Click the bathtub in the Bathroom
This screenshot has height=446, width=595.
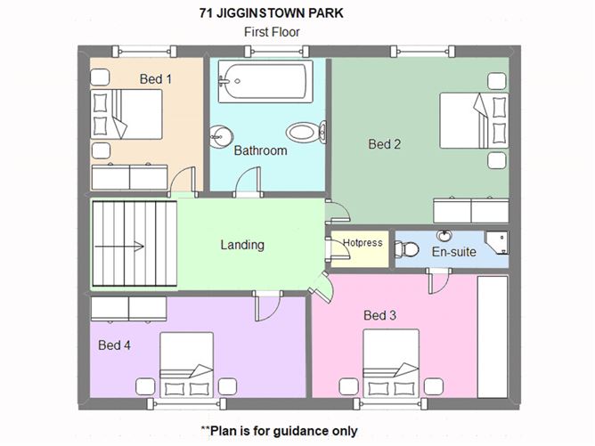[265, 81]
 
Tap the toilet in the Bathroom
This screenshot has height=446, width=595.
[306, 133]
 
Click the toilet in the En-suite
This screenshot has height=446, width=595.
[407, 249]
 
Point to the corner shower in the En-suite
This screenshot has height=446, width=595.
[497, 243]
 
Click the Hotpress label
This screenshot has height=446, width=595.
[363, 243]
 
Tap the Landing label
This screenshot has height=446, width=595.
[242, 245]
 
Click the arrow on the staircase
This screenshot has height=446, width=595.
[119, 247]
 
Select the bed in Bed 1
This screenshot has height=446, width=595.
[126, 114]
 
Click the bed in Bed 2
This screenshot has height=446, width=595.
[474, 120]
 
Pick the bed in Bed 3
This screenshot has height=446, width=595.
[391, 363]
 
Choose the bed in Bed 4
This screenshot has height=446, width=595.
[187, 365]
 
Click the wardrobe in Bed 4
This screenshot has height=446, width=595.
[128, 309]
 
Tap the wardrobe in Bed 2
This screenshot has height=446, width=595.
[471, 210]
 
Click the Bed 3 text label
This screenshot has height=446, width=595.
[379, 315]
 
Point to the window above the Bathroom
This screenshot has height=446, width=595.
[277, 52]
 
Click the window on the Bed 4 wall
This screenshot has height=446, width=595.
[187, 404]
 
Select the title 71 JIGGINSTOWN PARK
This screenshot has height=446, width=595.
[272, 13]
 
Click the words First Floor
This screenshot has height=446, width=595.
[272, 32]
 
